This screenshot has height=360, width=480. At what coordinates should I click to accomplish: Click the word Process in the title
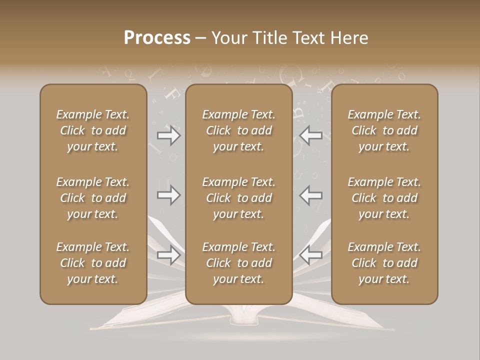pos(157,38)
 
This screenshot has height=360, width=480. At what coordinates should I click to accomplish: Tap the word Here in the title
pos(348,38)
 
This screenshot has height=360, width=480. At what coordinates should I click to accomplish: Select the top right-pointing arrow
pos(169,135)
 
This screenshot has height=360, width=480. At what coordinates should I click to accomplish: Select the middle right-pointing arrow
pos(169,195)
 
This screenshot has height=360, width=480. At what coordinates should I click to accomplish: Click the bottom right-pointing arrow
pos(169,255)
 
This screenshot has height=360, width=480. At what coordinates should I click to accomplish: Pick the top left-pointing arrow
pos(310,135)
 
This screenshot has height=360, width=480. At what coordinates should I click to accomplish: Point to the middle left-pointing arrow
pos(310,195)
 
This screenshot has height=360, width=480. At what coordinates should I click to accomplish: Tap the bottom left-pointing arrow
pos(310,255)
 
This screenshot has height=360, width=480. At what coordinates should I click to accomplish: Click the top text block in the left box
pos(93,130)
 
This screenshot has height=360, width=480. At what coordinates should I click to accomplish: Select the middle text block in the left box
pos(93,198)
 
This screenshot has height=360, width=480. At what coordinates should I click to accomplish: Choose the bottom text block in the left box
pos(93,263)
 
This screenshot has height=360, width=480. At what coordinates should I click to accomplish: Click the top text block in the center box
pos(239,130)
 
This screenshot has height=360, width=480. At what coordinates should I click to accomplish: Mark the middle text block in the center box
pos(239,198)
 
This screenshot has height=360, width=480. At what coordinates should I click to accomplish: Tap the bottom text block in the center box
pos(239,263)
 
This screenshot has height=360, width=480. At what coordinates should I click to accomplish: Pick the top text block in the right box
pos(384,130)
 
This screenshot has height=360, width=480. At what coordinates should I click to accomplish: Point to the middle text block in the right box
pos(384,198)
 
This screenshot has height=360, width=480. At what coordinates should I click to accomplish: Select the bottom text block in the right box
pos(384,263)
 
